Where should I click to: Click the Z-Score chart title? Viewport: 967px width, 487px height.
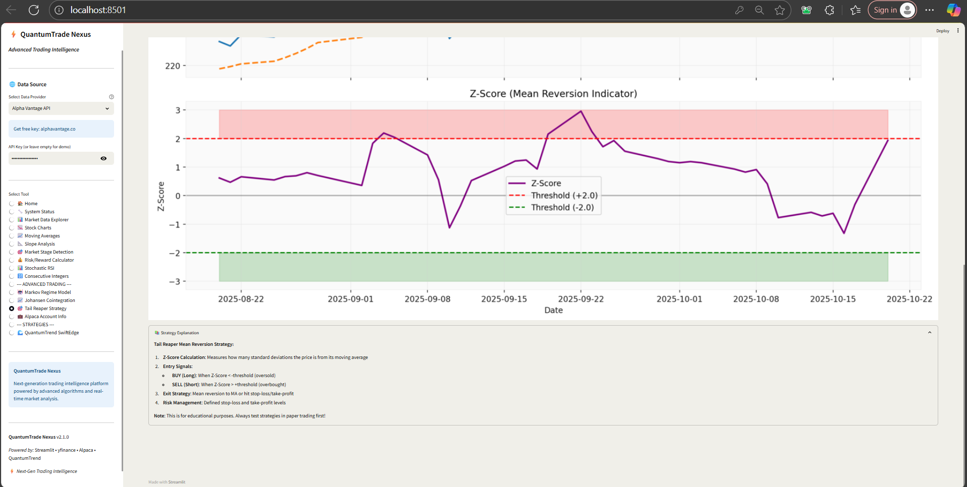pyautogui.click(x=553, y=94)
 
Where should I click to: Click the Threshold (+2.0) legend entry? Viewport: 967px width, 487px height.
pyautogui.click(x=553, y=196)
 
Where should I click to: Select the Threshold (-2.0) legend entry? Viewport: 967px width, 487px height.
pyautogui.click(x=552, y=208)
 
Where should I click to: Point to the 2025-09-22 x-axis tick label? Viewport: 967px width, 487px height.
pyautogui.click(x=581, y=299)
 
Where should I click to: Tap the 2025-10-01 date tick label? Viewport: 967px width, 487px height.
pyautogui.click(x=679, y=299)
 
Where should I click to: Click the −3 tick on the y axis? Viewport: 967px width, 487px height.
pyautogui.click(x=175, y=281)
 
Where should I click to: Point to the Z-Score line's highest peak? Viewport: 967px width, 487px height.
pyautogui.click(x=581, y=111)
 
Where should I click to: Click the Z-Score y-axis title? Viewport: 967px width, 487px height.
pyautogui.click(x=161, y=196)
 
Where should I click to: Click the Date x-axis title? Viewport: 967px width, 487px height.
pyautogui.click(x=553, y=310)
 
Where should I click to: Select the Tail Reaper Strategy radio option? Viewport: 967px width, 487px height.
pyautogui.click(x=12, y=309)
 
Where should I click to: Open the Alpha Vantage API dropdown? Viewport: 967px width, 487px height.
pyautogui.click(x=61, y=108)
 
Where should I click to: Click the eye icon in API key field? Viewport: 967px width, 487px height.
pyautogui.click(x=103, y=158)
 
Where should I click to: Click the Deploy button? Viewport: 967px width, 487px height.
pyautogui.click(x=942, y=31)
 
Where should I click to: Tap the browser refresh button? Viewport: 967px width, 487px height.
pyautogui.click(x=34, y=10)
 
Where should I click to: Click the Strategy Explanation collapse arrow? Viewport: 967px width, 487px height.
pyautogui.click(x=930, y=333)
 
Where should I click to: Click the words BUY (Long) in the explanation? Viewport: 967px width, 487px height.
pyautogui.click(x=184, y=376)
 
